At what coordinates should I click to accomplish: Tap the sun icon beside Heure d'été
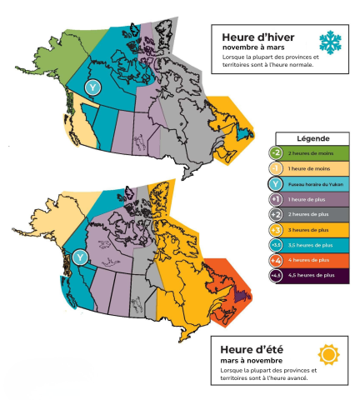click(x=329, y=354)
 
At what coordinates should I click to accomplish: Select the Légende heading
click(x=311, y=137)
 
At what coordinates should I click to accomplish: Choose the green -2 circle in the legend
click(x=276, y=153)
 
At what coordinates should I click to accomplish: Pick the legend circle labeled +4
click(x=276, y=261)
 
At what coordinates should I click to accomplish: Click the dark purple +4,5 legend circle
click(x=276, y=276)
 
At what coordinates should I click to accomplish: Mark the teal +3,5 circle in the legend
click(x=276, y=245)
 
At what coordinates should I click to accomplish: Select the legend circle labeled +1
click(x=276, y=199)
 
